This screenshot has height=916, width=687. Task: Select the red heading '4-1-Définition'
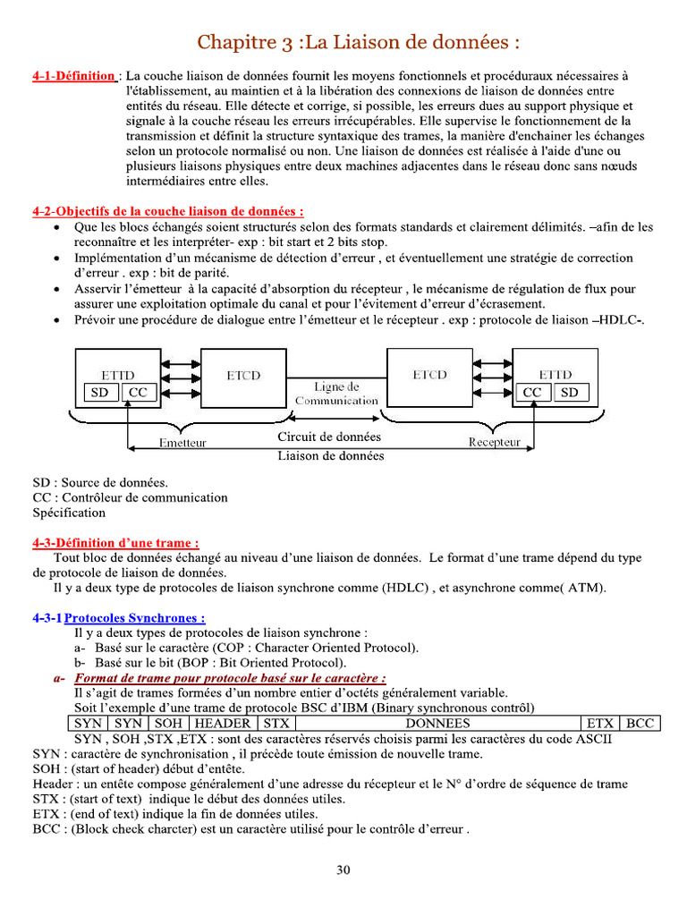coord(73,76)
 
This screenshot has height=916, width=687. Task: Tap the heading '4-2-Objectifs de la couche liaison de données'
coord(167,212)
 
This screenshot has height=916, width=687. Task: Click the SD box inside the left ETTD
coord(99,393)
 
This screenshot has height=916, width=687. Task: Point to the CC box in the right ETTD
coord(533,393)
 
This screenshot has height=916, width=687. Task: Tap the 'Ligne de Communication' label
coord(336,394)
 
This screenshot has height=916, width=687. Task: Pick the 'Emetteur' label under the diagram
coord(182,443)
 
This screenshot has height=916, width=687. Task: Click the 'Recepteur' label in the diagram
coord(495,442)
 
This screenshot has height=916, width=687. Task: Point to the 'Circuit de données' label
coord(329,437)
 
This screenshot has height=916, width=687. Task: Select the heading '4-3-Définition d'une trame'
coord(115,542)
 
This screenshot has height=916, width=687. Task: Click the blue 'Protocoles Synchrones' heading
coord(134,617)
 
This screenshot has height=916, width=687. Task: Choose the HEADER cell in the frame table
coord(223,723)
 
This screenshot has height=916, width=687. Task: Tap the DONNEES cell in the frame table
coord(437,723)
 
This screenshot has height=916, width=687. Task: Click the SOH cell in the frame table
coord(166,723)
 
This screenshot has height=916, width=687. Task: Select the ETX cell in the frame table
coord(600,723)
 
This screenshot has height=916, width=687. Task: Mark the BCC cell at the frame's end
coord(640,723)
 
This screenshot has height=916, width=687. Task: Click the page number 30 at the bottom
coord(343,869)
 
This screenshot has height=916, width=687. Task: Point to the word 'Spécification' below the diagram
coord(69,513)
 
